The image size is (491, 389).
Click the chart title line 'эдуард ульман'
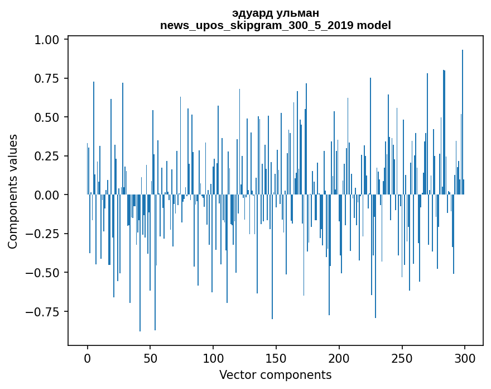275,13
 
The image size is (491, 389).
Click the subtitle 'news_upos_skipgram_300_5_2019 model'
275,25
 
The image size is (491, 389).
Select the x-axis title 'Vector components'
275,375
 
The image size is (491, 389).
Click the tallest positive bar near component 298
463,123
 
